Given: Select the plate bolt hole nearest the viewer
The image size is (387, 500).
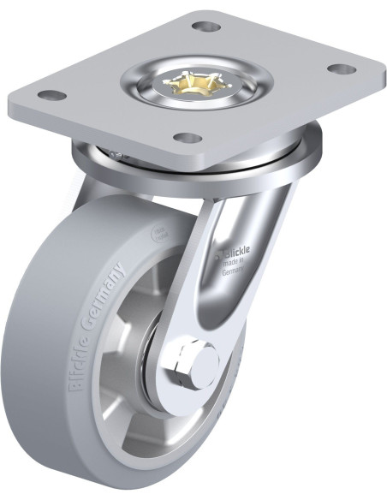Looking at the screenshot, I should pos(186,136).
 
